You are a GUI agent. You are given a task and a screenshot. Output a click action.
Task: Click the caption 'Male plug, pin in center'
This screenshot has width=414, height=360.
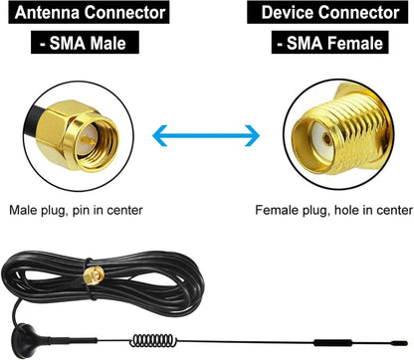(76, 211)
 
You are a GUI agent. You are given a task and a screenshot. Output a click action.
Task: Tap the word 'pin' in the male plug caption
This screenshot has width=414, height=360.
(95, 211)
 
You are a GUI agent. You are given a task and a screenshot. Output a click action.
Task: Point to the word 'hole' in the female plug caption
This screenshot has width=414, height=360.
(352, 211)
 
